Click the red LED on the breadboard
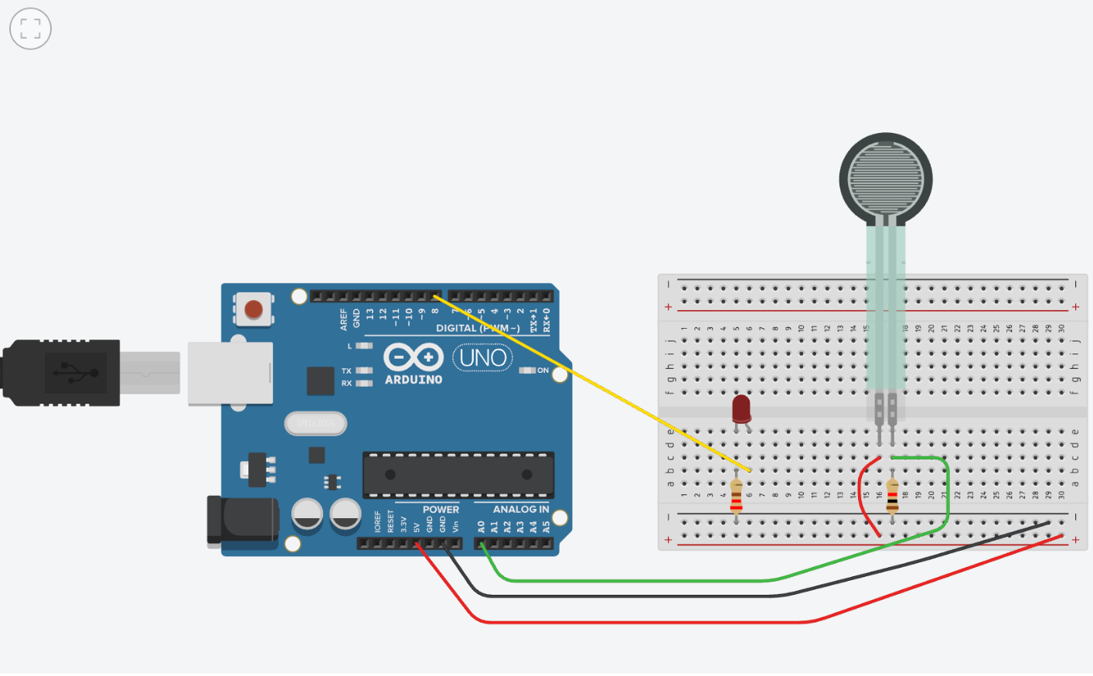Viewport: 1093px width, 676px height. pos(741,408)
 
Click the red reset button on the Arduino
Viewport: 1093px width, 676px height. pos(254,310)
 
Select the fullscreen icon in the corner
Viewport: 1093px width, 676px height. pos(30,29)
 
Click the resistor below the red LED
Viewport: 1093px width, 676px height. pos(736,496)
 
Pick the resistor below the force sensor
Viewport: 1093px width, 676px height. pos(892,496)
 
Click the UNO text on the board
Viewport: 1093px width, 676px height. pos(482,358)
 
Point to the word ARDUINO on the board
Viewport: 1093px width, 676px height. pos(414,380)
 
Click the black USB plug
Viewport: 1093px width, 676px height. pos(62,373)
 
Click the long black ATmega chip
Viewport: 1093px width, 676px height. pos(458,474)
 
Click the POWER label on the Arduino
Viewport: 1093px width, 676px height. pos(441,510)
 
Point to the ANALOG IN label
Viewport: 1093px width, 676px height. pos(520,510)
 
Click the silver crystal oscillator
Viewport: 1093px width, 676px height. pos(315,423)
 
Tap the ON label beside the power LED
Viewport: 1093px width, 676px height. pos(543,370)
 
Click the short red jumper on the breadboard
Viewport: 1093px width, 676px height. pos(863,496)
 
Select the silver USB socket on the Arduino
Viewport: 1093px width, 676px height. pos(230,373)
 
